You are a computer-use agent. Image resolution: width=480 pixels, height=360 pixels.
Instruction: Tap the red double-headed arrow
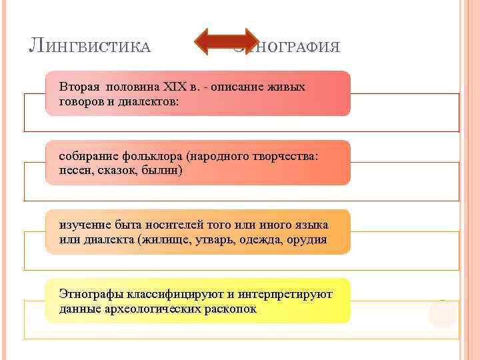pos(227,41)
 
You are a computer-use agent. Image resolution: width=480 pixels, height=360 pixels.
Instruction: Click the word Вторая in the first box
pos(78,87)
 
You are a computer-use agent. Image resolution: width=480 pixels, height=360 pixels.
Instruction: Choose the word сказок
pos(119,171)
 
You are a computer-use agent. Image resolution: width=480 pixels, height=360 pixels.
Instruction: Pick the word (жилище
pos(163,239)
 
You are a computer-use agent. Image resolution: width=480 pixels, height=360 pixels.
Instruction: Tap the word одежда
pos(264,239)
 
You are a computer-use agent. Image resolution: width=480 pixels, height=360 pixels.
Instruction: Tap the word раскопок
pos(229,309)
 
